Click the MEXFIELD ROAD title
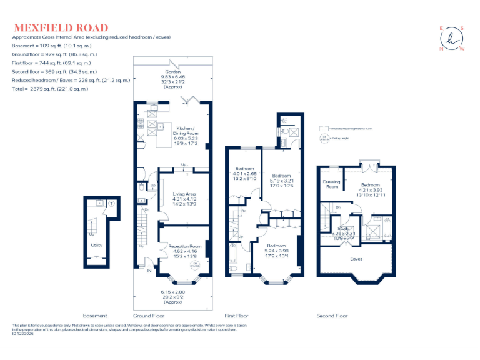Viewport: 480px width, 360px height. [x=61, y=28]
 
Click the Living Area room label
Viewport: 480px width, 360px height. [x=184, y=199]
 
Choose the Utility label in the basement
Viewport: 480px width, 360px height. [x=96, y=246]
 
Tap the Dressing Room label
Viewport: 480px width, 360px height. [x=331, y=184]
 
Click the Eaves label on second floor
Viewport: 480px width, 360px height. [x=356, y=258]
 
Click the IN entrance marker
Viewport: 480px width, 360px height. [x=149, y=271]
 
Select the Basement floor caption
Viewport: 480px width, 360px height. [x=95, y=316]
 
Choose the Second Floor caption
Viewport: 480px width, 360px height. [x=332, y=316]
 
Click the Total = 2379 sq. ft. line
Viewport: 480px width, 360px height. [x=51, y=89]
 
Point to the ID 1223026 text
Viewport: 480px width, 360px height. [x=25, y=334]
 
